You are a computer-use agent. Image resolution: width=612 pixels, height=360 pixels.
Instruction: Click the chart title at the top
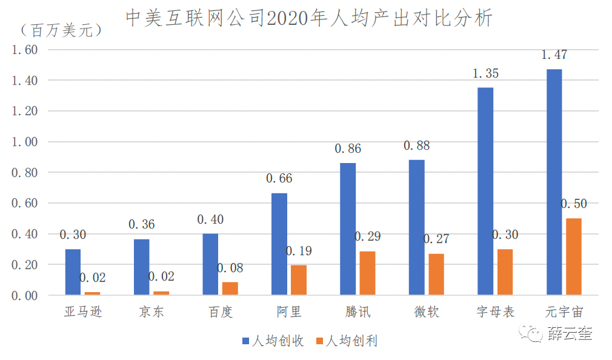pos(309,18)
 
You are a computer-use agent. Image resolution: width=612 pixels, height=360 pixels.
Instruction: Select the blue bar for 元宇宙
pos(554,182)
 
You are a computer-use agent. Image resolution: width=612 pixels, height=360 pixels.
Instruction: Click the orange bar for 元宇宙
pos(573,256)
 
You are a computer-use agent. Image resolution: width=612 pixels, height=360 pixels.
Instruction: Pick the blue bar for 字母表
pos(485,191)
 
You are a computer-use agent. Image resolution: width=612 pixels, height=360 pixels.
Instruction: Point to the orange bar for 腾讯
pos(367,273)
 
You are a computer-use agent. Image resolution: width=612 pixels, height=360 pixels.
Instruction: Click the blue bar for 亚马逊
pos(73,272)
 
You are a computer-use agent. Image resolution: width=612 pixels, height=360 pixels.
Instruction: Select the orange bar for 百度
pos(230,288)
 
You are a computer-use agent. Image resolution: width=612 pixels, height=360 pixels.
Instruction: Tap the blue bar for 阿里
pos(279,244)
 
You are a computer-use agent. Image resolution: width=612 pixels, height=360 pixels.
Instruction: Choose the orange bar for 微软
pos(436,275)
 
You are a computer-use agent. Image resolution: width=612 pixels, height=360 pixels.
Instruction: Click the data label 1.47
pos(554,55)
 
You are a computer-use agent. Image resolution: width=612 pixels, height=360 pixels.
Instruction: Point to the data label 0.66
pos(279,179)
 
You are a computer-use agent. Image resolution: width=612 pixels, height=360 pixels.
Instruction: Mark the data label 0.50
pos(574,204)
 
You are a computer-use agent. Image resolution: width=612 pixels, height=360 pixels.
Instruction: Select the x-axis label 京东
pos(151,313)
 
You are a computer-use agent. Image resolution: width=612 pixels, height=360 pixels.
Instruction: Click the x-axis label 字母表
pos(495,313)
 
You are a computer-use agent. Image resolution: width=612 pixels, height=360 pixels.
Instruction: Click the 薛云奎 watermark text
pos(570,333)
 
